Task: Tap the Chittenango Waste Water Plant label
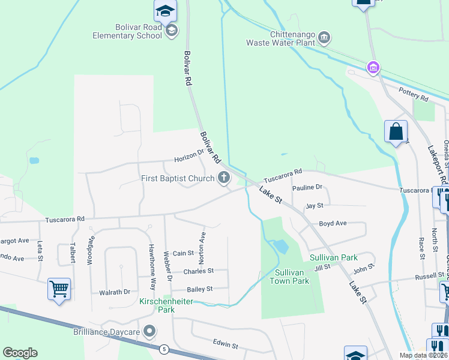[280, 38]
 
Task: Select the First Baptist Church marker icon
[224, 177]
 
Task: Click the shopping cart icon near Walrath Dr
[59, 289]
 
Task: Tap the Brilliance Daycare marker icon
[150, 331]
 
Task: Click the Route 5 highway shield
[163, 349]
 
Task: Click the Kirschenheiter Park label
[166, 305]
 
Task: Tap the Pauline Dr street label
[307, 188]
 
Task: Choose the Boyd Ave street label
[333, 223]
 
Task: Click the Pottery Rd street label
[414, 94]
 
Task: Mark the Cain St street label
[184, 254]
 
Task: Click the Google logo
[20, 353]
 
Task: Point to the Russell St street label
[430, 277]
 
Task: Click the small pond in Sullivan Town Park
[280, 246]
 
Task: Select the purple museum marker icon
[373, 67]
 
